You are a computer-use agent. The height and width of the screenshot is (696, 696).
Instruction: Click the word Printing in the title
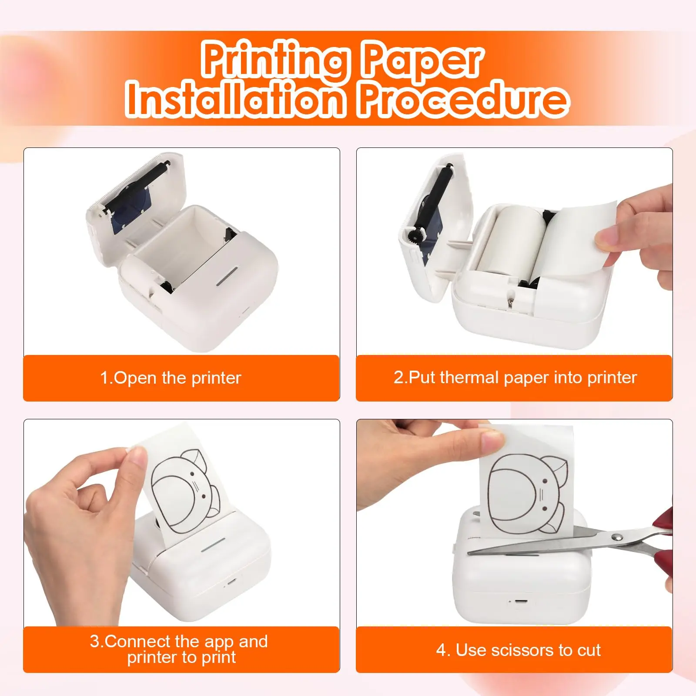275,60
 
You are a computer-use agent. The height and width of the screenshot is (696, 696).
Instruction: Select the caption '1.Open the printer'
171,378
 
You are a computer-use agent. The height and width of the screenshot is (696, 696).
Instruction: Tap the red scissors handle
663,561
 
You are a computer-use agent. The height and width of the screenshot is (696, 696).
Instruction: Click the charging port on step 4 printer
518,602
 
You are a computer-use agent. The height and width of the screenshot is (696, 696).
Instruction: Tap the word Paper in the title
421,60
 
